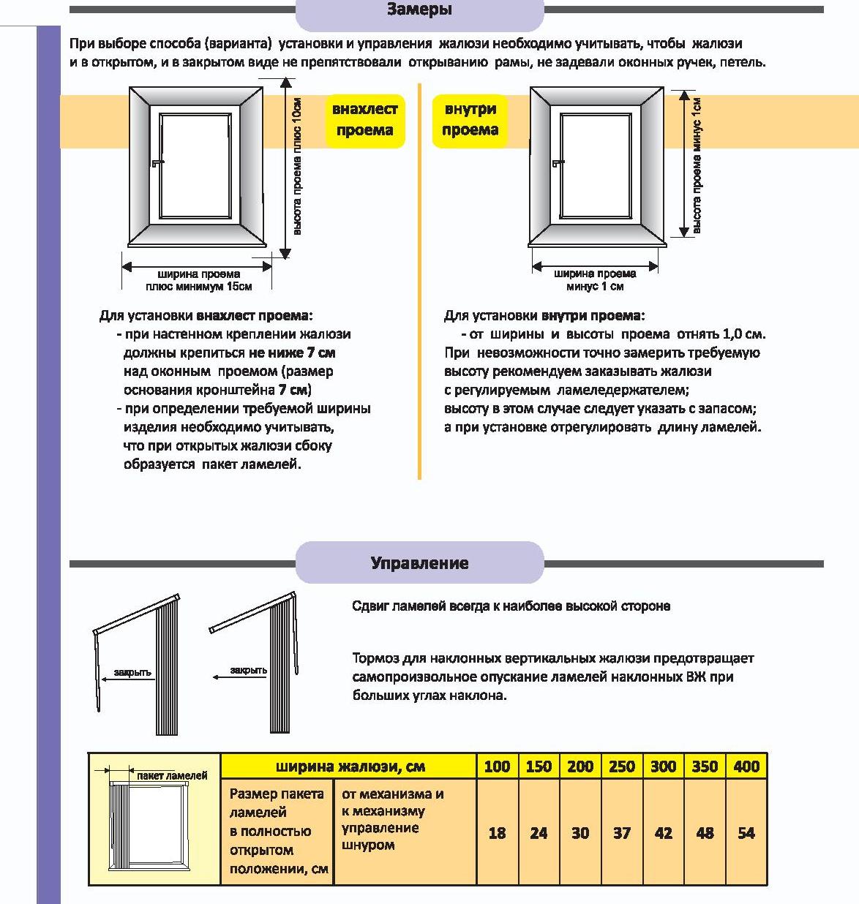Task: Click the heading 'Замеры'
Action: [419, 10]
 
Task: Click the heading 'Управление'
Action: [419, 563]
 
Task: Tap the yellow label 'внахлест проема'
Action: [364, 120]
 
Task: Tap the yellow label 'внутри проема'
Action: [470, 120]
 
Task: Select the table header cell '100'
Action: [497, 766]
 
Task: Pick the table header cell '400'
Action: [746, 766]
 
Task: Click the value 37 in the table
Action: [622, 833]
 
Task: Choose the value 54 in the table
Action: [746, 833]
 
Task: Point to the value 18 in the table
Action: [497, 833]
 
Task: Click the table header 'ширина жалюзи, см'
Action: [350, 766]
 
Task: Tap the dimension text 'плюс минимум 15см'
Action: [198, 287]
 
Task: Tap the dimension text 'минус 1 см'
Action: [595, 287]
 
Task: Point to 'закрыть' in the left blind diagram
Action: [132, 672]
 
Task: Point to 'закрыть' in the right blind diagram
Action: [249, 671]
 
